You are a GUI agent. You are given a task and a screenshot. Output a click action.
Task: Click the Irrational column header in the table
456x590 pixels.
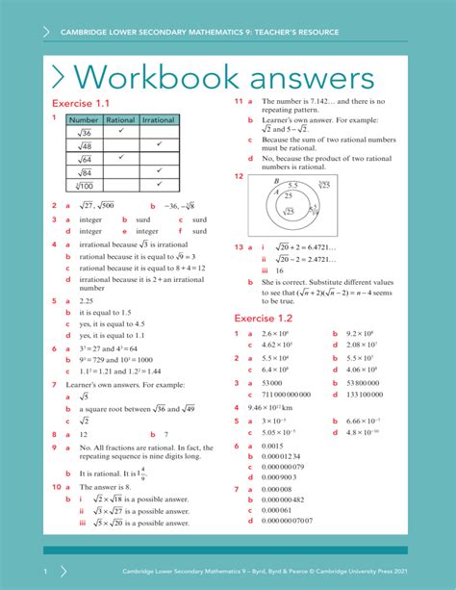(158, 119)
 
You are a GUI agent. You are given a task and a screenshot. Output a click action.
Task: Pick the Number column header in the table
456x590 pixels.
(84, 119)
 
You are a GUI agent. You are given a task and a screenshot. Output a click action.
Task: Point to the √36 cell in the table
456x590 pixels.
(84, 132)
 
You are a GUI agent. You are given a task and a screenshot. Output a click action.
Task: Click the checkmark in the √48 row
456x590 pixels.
(158, 144)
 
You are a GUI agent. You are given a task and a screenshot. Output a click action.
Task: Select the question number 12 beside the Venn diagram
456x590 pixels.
(239, 176)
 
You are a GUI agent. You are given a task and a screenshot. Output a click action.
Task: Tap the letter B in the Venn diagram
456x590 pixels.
(276, 180)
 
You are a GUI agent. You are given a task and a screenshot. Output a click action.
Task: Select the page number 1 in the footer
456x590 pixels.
(44, 571)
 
